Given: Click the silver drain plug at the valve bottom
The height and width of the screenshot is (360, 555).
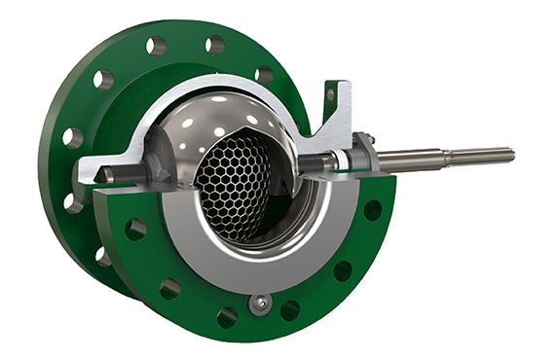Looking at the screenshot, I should pyautogui.click(x=259, y=305).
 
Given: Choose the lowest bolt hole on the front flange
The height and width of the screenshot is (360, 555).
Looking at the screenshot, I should pyautogui.click(x=227, y=317).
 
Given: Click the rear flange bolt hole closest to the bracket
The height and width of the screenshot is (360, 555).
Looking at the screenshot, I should pyautogui.click(x=264, y=74).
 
